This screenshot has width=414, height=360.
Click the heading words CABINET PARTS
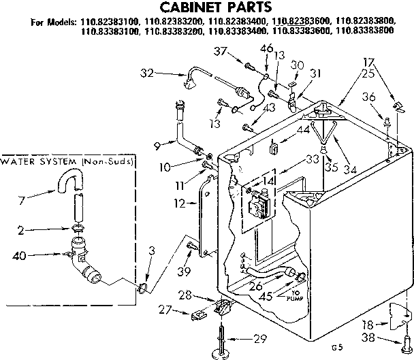(x=207, y=7)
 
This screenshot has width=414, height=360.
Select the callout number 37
(x=219, y=52)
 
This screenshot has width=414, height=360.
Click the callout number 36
(x=368, y=98)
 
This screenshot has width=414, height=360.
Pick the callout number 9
(x=157, y=144)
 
